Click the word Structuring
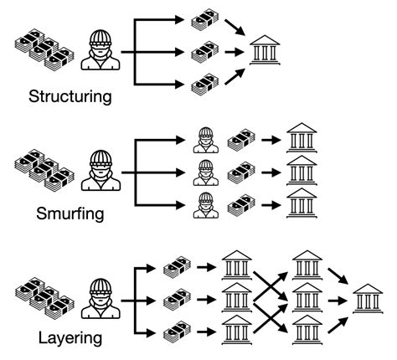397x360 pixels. [70, 95]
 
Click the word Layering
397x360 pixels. [70, 338]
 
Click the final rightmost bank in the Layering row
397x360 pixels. [369, 298]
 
